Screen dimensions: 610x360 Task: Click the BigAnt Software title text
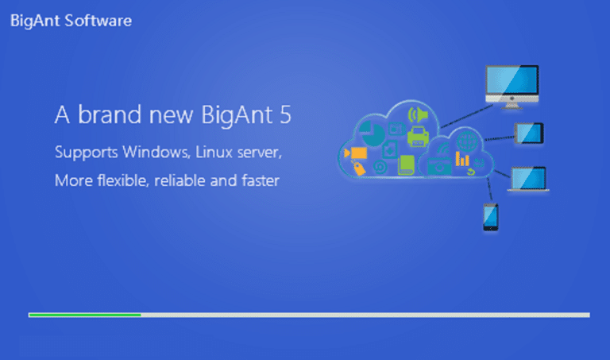pos(71,21)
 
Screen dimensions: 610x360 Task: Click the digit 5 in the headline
pos(285,114)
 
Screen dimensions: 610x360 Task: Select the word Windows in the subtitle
pos(156,152)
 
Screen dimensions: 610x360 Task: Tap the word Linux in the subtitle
pos(214,152)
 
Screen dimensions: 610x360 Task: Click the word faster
pos(261,180)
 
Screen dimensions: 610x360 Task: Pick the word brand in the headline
pos(110,114)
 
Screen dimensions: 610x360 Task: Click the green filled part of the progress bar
pos(85,315)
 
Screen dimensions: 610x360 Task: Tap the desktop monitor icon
pos(512,87)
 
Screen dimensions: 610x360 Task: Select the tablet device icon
pos(529,133)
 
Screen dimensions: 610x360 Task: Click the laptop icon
pos(528,179)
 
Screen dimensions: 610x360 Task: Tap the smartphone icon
pos(491,217)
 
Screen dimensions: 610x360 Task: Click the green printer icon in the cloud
pos(418,137)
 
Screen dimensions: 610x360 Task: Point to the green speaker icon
pos(418,114)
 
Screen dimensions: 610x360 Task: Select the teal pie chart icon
pos(372,133)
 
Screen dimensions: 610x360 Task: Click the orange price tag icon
pos(359,168)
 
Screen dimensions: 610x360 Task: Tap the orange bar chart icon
pos(462,159)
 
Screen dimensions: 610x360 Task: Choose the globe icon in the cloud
pos(466,141)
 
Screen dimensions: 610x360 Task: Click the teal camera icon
pos(439,167)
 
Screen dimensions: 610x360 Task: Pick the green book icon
pos(406,165)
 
